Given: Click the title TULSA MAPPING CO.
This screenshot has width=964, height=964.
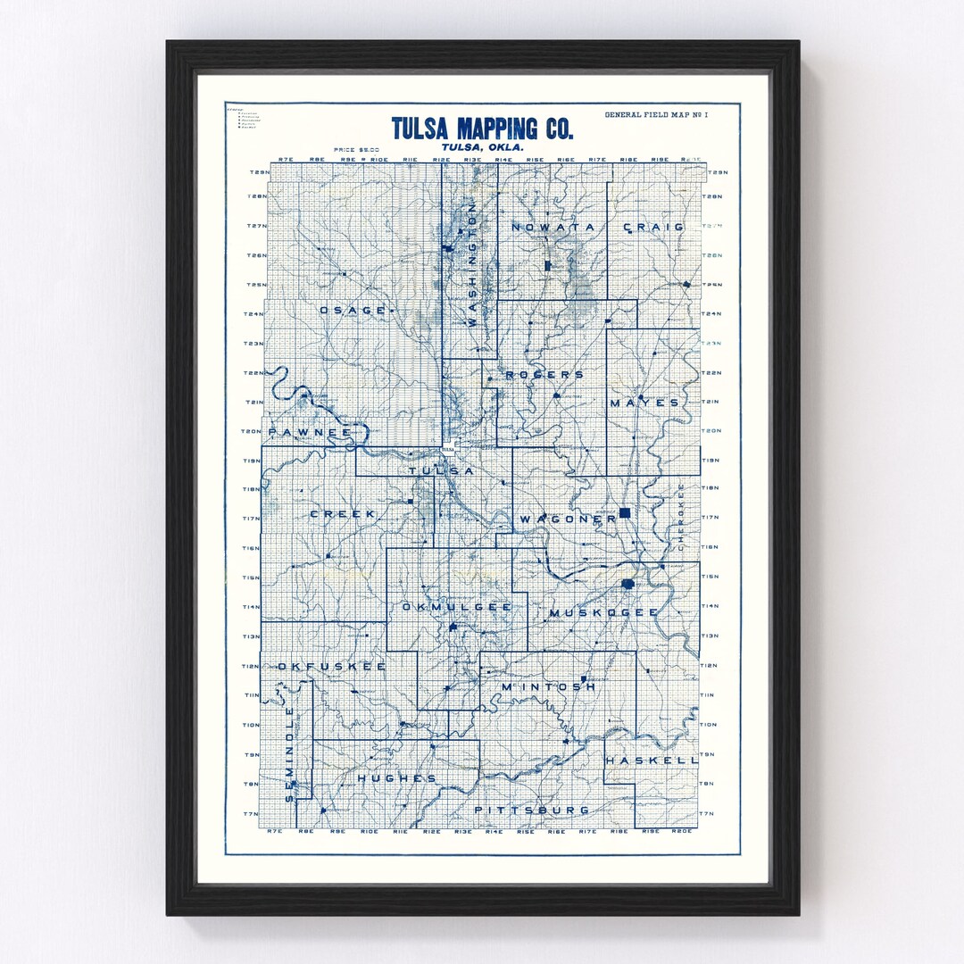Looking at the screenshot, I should point(482,128).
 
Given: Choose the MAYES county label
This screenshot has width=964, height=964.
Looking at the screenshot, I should point(644,403).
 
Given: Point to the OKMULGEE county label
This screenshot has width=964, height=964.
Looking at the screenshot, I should point(457,607).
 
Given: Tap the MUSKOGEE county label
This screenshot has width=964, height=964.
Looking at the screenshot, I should point(603,612).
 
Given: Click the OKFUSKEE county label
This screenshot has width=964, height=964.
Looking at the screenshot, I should point(331,667).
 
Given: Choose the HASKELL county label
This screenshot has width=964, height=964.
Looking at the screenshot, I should point(651,760).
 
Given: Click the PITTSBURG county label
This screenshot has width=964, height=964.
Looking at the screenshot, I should point(532,810).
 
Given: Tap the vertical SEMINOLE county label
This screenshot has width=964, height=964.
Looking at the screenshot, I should point(289,753).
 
